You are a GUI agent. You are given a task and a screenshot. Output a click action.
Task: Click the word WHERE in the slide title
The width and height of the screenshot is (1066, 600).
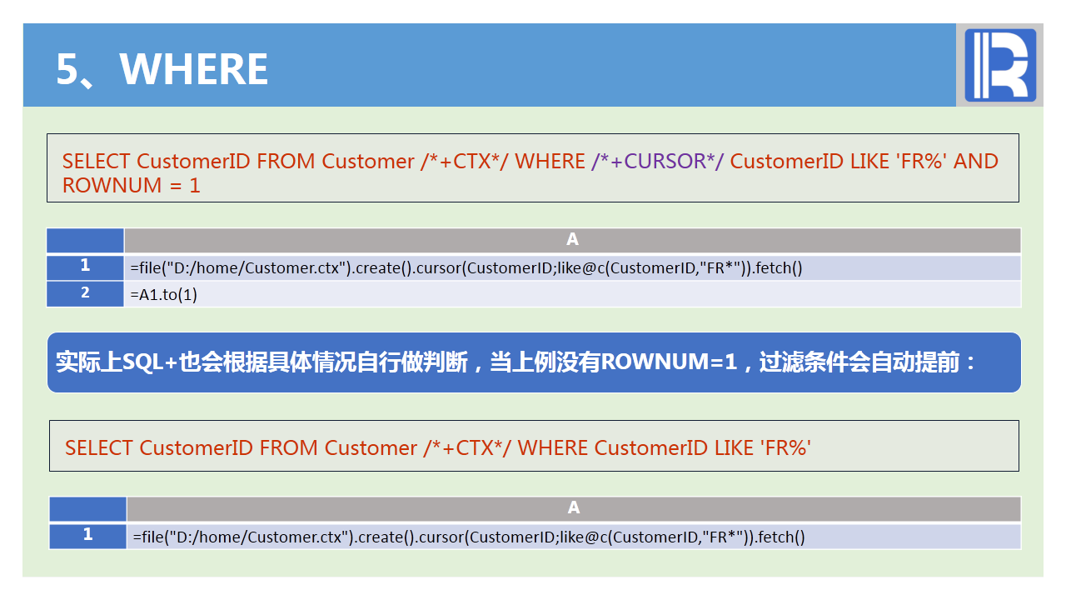(194, 69)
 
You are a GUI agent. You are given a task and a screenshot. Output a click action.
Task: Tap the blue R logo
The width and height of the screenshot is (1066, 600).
(1000, 65)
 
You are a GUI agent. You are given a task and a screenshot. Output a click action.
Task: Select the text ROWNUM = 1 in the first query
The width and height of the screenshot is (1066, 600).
(132, 185)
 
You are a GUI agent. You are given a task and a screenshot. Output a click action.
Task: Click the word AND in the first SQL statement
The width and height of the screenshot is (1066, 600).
(976, 162)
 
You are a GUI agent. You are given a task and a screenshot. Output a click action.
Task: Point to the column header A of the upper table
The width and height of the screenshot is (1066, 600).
(572, 240)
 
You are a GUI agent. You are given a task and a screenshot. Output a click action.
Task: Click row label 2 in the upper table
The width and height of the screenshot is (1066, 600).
(85, 293)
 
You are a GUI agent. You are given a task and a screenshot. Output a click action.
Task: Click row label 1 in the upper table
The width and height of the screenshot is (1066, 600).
(85, 267)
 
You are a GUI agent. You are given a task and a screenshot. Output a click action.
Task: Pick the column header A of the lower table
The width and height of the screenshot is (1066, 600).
(574, 508)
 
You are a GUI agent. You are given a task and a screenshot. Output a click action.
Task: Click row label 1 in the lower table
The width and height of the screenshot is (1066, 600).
(87, 535)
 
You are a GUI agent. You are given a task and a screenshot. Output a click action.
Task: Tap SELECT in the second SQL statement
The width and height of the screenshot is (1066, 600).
(99, 448)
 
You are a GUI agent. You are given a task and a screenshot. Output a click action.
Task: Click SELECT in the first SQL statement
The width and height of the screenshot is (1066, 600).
(97, 162)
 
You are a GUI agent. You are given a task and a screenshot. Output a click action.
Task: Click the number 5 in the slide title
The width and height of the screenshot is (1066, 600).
(67, 69)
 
